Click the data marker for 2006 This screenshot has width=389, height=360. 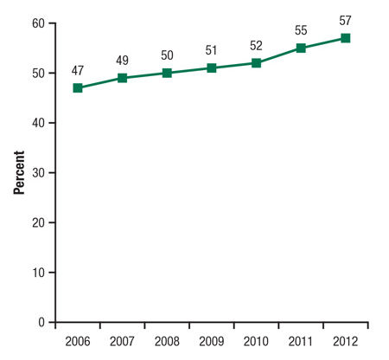coord(78,87)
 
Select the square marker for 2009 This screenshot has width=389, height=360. coord(212,67)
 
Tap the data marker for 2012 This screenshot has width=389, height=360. coord(345,38)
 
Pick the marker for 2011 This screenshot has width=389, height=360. coord(301,48)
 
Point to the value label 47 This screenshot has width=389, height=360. coord(78,70)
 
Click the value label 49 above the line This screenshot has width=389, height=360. coord(123,61)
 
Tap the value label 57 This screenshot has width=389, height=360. coord(345,21)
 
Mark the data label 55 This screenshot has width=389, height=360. coord(301,30)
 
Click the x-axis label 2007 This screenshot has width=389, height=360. coord(123,340)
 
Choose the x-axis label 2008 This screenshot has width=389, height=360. coord(167,340)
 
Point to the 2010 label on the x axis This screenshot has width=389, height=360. coord(256,340)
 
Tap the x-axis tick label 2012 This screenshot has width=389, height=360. coord(345,340)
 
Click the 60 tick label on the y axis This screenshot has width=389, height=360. coord(38,23)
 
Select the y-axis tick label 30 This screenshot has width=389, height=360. coord(38,173)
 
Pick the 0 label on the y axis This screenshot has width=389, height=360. coord(41,323)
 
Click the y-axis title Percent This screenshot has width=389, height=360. coord(18,173)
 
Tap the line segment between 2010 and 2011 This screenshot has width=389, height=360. coord(278,55)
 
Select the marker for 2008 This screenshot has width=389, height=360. coord(167,73)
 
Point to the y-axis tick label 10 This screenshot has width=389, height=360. coord(38,273)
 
